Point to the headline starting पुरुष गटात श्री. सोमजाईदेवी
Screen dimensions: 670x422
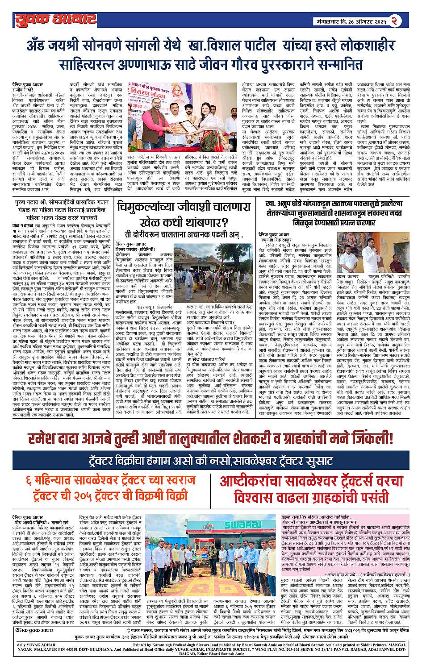62,203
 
